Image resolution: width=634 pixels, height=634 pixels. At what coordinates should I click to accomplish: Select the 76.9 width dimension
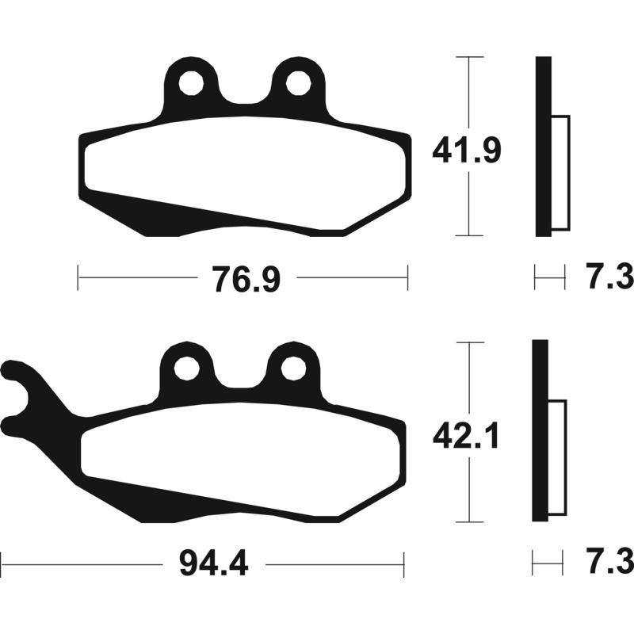coord(246,279)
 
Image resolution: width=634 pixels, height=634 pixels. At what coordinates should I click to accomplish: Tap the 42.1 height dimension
coord(465,435)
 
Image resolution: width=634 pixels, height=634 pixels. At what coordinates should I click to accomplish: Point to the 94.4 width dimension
coord(214,564)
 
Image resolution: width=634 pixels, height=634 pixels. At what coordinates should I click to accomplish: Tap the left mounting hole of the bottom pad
coord(187,368)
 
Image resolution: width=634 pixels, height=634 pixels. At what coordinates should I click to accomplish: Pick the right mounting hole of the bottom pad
coord(293,368)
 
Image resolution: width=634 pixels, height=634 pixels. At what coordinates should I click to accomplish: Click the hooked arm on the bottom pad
coord(32,396)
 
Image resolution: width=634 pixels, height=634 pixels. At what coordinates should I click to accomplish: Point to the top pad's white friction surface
coord(246,166)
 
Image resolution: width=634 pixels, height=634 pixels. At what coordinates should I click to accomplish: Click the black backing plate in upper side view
coord(542,147)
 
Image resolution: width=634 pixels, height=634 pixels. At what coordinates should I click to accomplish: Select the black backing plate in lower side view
coord(539,432)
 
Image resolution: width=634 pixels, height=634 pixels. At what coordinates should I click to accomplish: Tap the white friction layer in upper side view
coord(560,173)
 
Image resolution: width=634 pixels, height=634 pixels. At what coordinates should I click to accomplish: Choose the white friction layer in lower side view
coord(557,458)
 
